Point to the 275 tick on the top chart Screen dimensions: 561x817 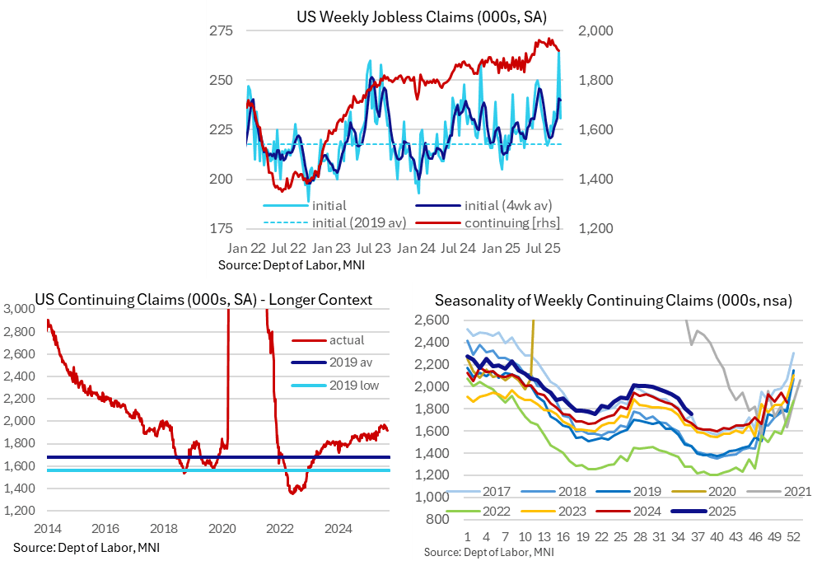tap(221, 31)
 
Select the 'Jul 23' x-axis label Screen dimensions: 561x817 tap(373, 247)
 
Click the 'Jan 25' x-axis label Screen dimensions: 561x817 tap(501, 247)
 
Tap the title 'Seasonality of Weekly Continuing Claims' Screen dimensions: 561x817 tap(614, 302)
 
